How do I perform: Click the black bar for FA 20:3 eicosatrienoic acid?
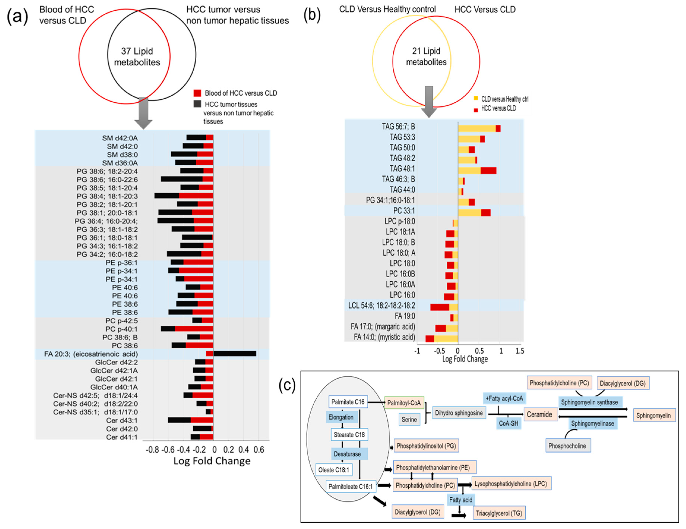tap(235, 354)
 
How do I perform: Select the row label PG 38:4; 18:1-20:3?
tap(107, 196)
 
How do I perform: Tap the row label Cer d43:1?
tap(122, 420)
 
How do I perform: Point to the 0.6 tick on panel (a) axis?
tap(259, 450)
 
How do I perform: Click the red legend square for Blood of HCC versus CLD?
tap(197, 93)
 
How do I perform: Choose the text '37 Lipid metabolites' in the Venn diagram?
tap(137, 57)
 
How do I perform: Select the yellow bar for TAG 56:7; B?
tap(476, 128)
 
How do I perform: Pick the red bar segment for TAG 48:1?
tap(488, 170)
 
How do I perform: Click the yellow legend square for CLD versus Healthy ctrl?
tap(476, 99)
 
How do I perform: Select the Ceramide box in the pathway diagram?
tap(539, 414)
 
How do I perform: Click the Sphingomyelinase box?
tap(592, 423)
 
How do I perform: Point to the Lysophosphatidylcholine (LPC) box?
tap(511, 484)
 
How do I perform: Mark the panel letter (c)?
tap(287, 385)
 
